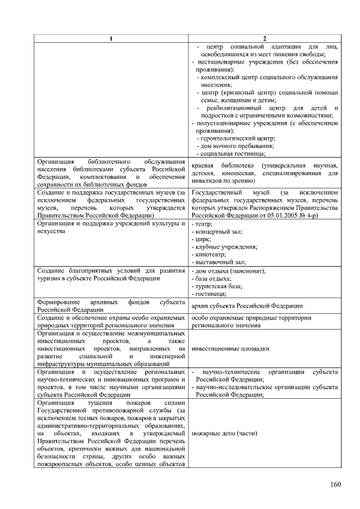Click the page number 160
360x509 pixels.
[x=336, y=485]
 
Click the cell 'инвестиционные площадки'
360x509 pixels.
[x=230, y=349]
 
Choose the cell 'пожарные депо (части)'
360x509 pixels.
[x=224, y=434]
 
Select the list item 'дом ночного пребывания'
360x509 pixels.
[x=233, y=145]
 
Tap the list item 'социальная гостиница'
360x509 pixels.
[x=231, y=153]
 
